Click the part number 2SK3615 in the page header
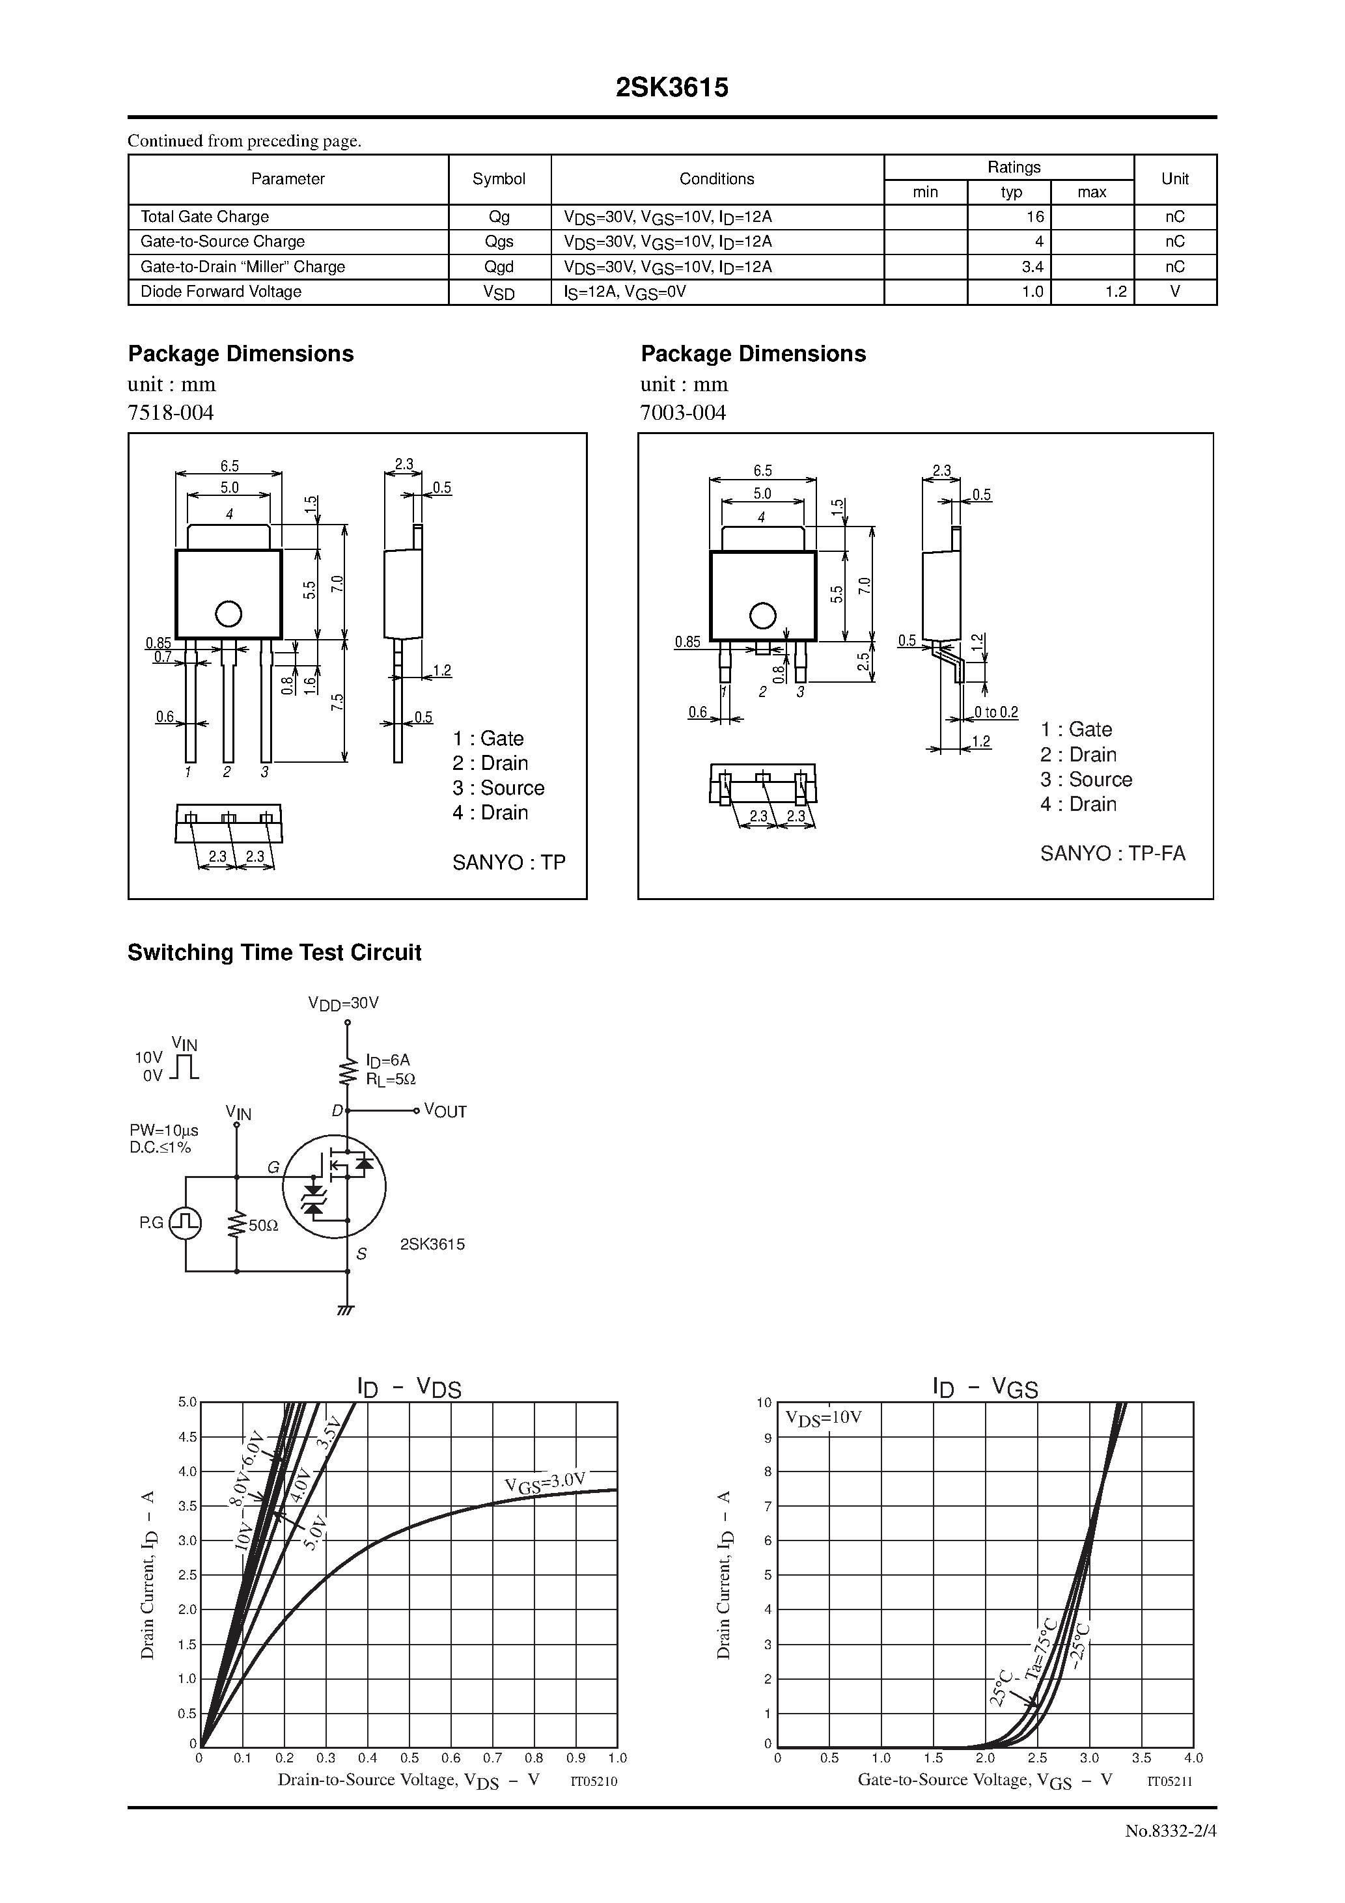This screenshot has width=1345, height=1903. tap(672, 88)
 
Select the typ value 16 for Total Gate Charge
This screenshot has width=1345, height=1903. tap(1034, 216)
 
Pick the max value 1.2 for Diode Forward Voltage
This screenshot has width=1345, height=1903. tap(1115, 292)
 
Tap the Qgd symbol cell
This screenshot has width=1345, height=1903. tap(499, 267)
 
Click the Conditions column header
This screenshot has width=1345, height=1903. tap(717, 179)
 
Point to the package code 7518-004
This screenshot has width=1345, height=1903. tap(171, 413)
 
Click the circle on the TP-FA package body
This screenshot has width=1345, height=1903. tap(762, 616)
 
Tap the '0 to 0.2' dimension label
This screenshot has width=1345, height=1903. tap(996, 712)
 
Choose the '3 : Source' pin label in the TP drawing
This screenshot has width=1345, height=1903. tap(499, 788)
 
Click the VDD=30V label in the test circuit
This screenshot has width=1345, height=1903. tap(343, 1003)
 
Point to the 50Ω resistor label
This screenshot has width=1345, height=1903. tap(263, 1225)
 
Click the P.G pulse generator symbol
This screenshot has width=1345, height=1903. tap(185, 1222)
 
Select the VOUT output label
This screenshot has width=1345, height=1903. tap(445, 1112)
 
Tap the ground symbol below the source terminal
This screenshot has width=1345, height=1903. tap(346, 1310)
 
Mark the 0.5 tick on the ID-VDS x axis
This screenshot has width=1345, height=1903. tap(409, 1758)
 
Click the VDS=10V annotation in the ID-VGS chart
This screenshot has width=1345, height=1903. tap(824, 1417)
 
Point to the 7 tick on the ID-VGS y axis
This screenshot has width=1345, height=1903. tap(768, 1506)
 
